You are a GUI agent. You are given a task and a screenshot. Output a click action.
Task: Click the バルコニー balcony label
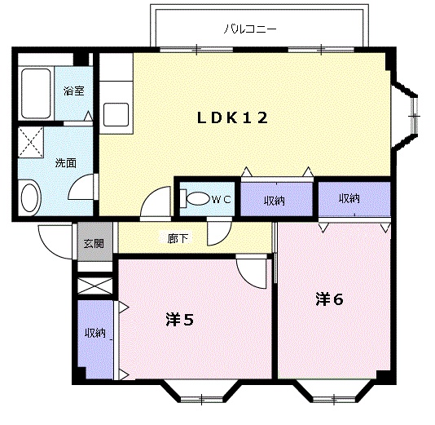tap(250, 29)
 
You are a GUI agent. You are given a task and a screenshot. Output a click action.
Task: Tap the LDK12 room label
tap(232, 117)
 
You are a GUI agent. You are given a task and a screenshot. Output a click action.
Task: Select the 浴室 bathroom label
tap(74, 91)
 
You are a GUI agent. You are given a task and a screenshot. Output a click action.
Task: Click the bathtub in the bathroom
tap(36, 93)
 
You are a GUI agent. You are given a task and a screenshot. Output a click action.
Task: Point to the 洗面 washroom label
tap(66, 163)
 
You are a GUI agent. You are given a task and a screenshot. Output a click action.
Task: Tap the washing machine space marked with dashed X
tap(31, 142)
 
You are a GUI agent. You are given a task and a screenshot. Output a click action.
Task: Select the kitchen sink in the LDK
tap(116, 114)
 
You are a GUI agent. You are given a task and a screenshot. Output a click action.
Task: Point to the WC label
tap(221, 199)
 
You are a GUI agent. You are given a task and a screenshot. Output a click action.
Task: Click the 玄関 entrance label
tap(94, 243)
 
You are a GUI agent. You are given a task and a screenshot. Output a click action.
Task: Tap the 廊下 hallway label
tap(178, 238)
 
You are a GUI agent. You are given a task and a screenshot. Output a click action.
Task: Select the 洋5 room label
tap(179, 320)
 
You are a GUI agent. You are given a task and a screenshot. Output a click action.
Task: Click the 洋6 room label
tap(330, 299)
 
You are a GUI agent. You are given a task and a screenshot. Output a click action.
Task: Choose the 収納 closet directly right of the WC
tap(276, 199)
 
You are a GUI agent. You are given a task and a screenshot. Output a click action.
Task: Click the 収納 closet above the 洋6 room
tap(354, 198)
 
